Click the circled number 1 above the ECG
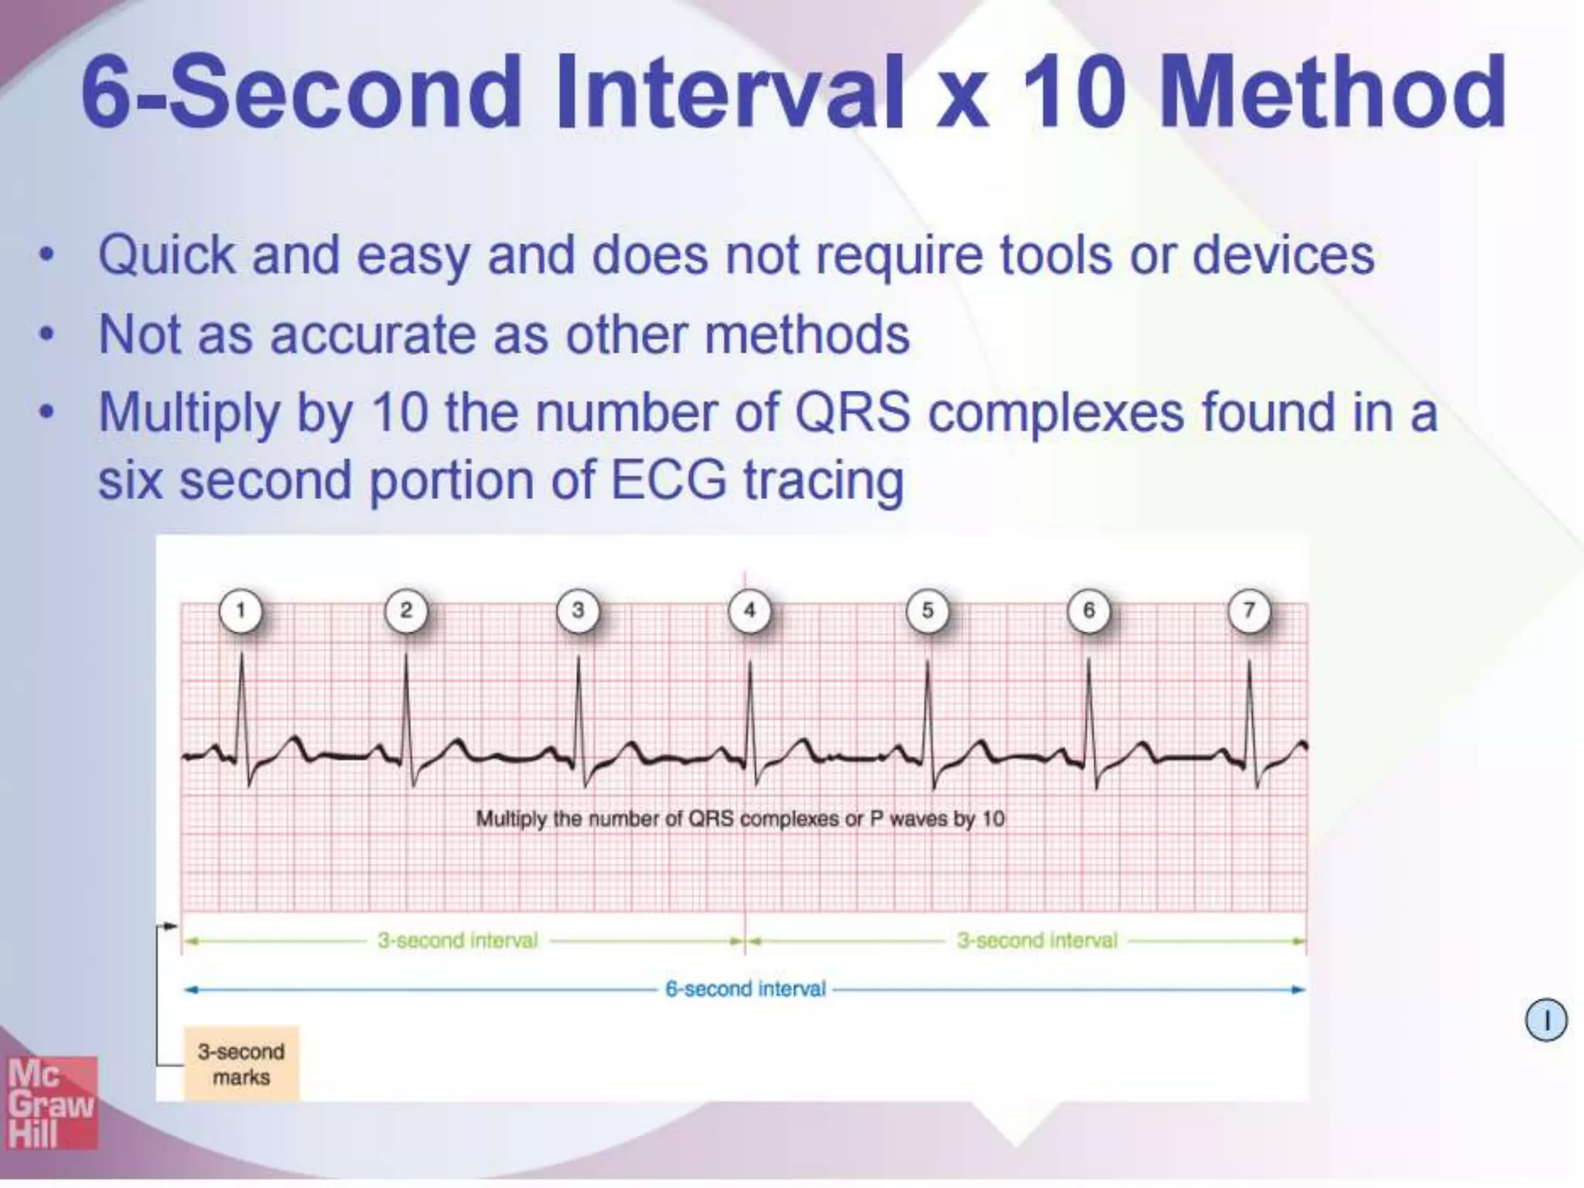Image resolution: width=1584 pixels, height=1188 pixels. click(x=241, y=611)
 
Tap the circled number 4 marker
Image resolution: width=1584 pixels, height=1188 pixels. click(x=749, y=611)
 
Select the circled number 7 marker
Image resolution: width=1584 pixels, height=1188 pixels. click(x=1248, y=611)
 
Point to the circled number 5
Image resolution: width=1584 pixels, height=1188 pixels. click(x=927, y=611)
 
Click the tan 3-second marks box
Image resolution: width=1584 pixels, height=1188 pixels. click(x=241, y=1064)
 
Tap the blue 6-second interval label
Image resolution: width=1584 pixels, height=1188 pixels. click(x=746, y=989)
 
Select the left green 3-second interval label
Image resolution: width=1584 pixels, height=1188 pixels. click(x=457, y=941)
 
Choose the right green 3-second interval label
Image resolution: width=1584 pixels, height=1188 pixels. click(x=1036, y=941)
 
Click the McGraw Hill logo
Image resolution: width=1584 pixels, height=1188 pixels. click(x=51, y=1103)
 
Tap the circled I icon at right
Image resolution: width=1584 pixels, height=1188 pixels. click(x=1545, y=1020)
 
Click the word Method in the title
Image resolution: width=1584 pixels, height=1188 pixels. click(x=1332, y=93)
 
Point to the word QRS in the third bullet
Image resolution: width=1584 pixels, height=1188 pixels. click(x=852, y=413)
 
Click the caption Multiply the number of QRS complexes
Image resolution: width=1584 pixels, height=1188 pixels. click(x=739, y=819)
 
